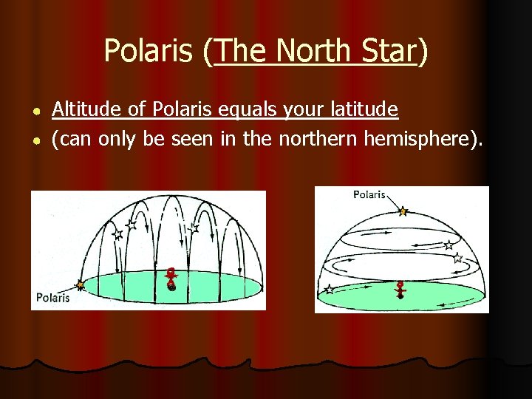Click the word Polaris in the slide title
coord(151,51)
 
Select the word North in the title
coord(311,51)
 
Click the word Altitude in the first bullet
coord(79,110)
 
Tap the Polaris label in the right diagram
coord(369,194)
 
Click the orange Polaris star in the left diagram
coord(80,284)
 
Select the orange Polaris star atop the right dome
coord(403,211)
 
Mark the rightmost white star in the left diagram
coord(194,230)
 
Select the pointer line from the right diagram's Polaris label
coord(392,202)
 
